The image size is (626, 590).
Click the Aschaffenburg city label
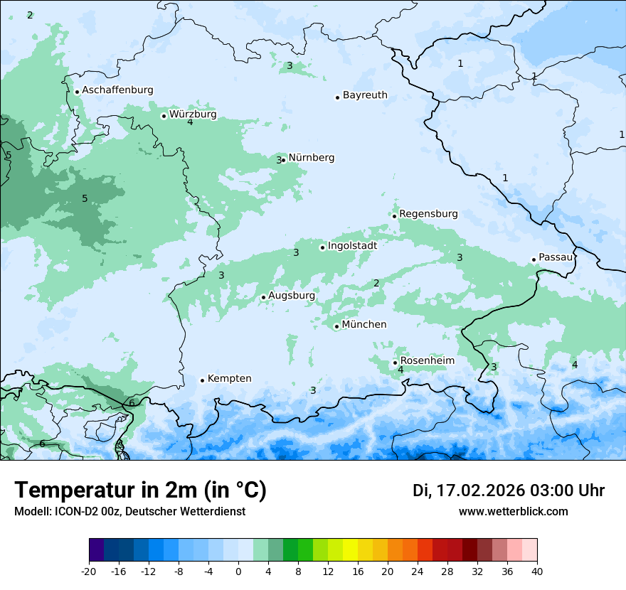pos(117,90)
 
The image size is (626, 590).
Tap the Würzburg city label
pos(193,114)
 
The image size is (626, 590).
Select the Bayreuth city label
pos(365,95)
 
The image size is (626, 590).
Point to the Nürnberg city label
pos(311,158)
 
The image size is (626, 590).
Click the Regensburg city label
pos(428,214)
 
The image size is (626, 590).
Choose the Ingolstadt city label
pos(352,246)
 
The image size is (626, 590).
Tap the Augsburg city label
pos(292,296)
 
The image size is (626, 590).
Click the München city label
pos(364,325)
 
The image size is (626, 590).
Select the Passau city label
pos(556,257)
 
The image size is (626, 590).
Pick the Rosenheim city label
pos(427,361)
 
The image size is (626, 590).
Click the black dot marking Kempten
pos(202,380)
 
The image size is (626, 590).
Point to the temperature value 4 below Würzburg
pos(190,122)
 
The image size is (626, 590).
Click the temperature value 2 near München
pos(376,284)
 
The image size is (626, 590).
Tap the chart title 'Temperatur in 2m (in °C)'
pos(140,490)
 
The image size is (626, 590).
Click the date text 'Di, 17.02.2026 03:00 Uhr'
pos(508,490)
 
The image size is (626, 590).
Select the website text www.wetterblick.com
pos(513,512)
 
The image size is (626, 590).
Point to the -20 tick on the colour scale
pos(89,571)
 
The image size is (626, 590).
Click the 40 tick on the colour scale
pos(536,571)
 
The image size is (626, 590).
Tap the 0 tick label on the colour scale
pos(238,571)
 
